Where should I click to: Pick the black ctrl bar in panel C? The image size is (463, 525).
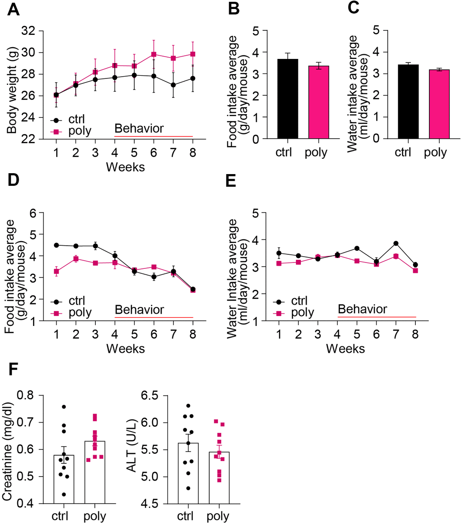coord(407,102)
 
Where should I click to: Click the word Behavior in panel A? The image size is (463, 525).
coord(139,129)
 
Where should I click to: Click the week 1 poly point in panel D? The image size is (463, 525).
coord(56,272)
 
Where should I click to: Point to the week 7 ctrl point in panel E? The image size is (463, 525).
coord(396,243)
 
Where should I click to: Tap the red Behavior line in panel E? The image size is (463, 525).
coord(377,317)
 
